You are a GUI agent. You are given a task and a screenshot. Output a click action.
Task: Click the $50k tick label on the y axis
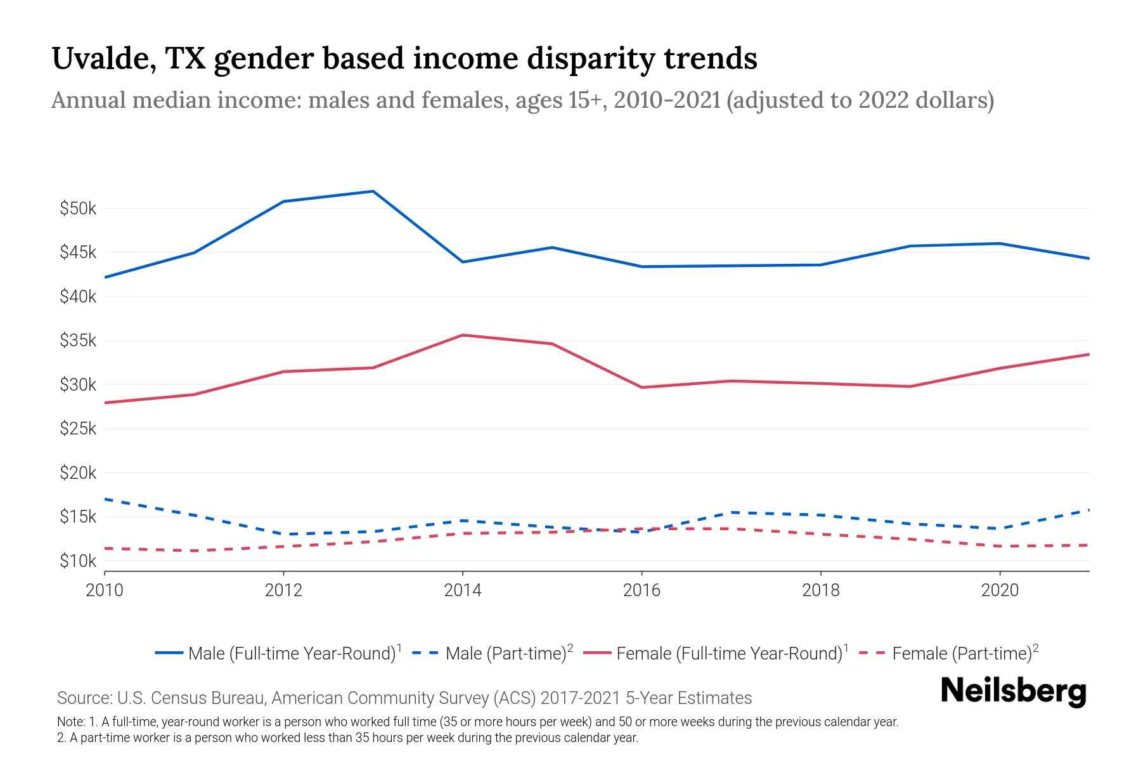[x=77, y=209]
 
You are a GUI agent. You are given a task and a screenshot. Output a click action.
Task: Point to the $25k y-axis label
[x=77, y=429]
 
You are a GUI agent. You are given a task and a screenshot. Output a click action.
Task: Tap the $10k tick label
[x=77, y=561]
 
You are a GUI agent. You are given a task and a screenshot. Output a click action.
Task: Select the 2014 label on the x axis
[x=463, y=590]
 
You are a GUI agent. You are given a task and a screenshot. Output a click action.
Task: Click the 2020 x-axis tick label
[x=1000, y=590]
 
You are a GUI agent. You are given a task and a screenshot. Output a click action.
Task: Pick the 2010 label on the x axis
[x=105, y=590]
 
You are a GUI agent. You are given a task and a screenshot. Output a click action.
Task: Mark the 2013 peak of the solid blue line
[x=373, y=191]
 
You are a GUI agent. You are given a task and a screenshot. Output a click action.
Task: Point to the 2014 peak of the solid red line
[x=463, y=335]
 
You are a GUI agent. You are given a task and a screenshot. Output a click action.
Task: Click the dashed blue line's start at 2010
[x=105, y=499]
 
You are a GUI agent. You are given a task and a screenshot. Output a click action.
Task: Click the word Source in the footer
[x=83, y=698]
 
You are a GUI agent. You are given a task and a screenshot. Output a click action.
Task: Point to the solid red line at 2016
[x=641, y=387]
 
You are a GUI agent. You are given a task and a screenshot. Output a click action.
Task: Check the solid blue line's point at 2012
[x=284, y=202]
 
